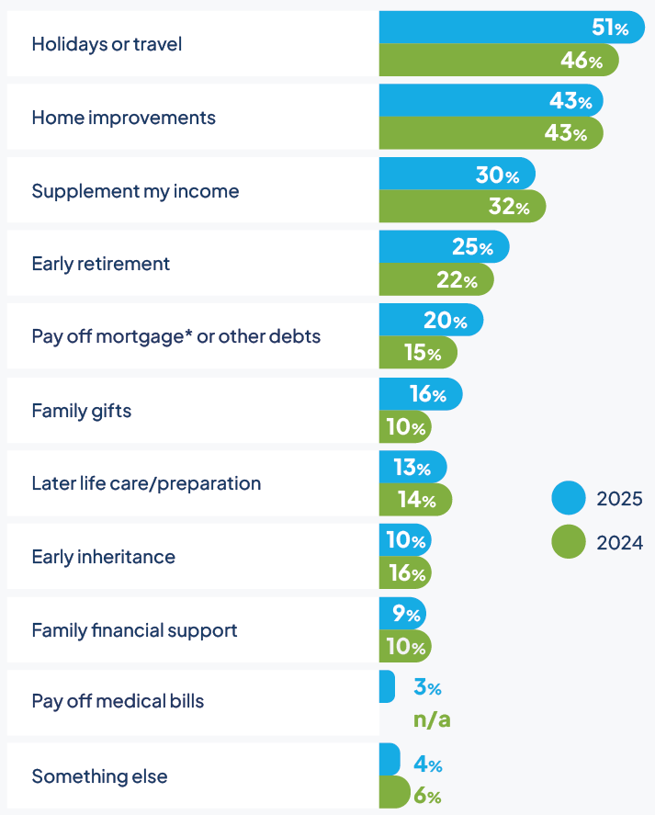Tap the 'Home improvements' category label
coord(123,118)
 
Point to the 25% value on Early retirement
coord(472,247)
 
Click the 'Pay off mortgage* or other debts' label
coord(175,336)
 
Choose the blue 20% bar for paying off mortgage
coord(431,320)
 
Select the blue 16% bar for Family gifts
coord(420,394)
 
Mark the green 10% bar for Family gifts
coord(405,427)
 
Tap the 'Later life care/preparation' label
coord(146,483)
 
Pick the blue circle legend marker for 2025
coord(569,499)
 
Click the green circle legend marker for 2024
coord(569,541)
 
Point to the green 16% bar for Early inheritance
coord(405,573)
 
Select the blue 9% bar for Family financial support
coord(402,614)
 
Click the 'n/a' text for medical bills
coord(432,719)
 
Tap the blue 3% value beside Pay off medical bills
coord(427,687)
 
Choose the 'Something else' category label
coord(99,776)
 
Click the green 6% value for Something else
coord(427,796)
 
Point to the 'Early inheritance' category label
coord(103,557)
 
